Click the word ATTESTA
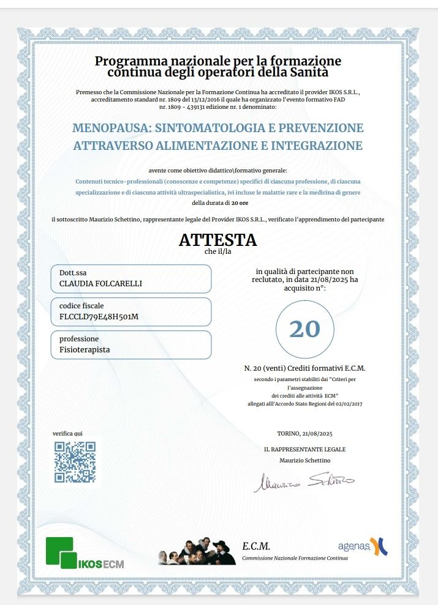pos(217,240)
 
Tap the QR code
pos(75,462)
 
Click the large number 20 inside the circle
pos(304,329)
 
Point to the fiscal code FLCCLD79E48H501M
pos(99,317)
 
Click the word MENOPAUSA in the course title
pos(110,128)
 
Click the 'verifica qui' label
pos(67,434)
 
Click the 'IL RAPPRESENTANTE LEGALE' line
pos(304,450)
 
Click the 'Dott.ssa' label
pos(72,273)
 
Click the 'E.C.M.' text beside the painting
pos(256,547)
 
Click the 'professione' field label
pos(79,339)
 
